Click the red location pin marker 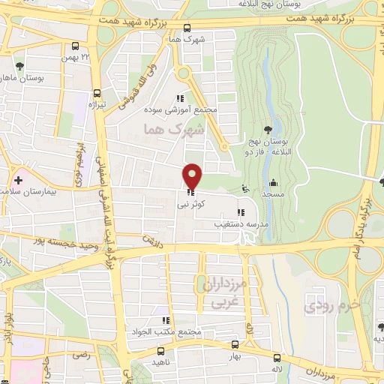pos(193,177)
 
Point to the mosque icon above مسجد pos(274,182)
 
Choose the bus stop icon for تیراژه pos(95,93)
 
